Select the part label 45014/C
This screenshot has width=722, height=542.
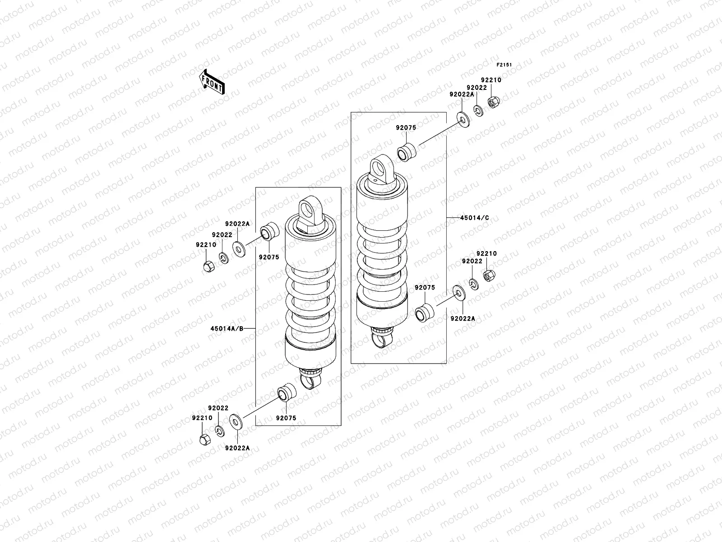tap(474, 218)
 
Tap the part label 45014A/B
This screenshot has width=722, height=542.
tap(227, 328)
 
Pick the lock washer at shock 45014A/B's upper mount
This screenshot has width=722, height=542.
tap(223, 258)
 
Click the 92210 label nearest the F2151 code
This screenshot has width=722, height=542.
tap(491, 80)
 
